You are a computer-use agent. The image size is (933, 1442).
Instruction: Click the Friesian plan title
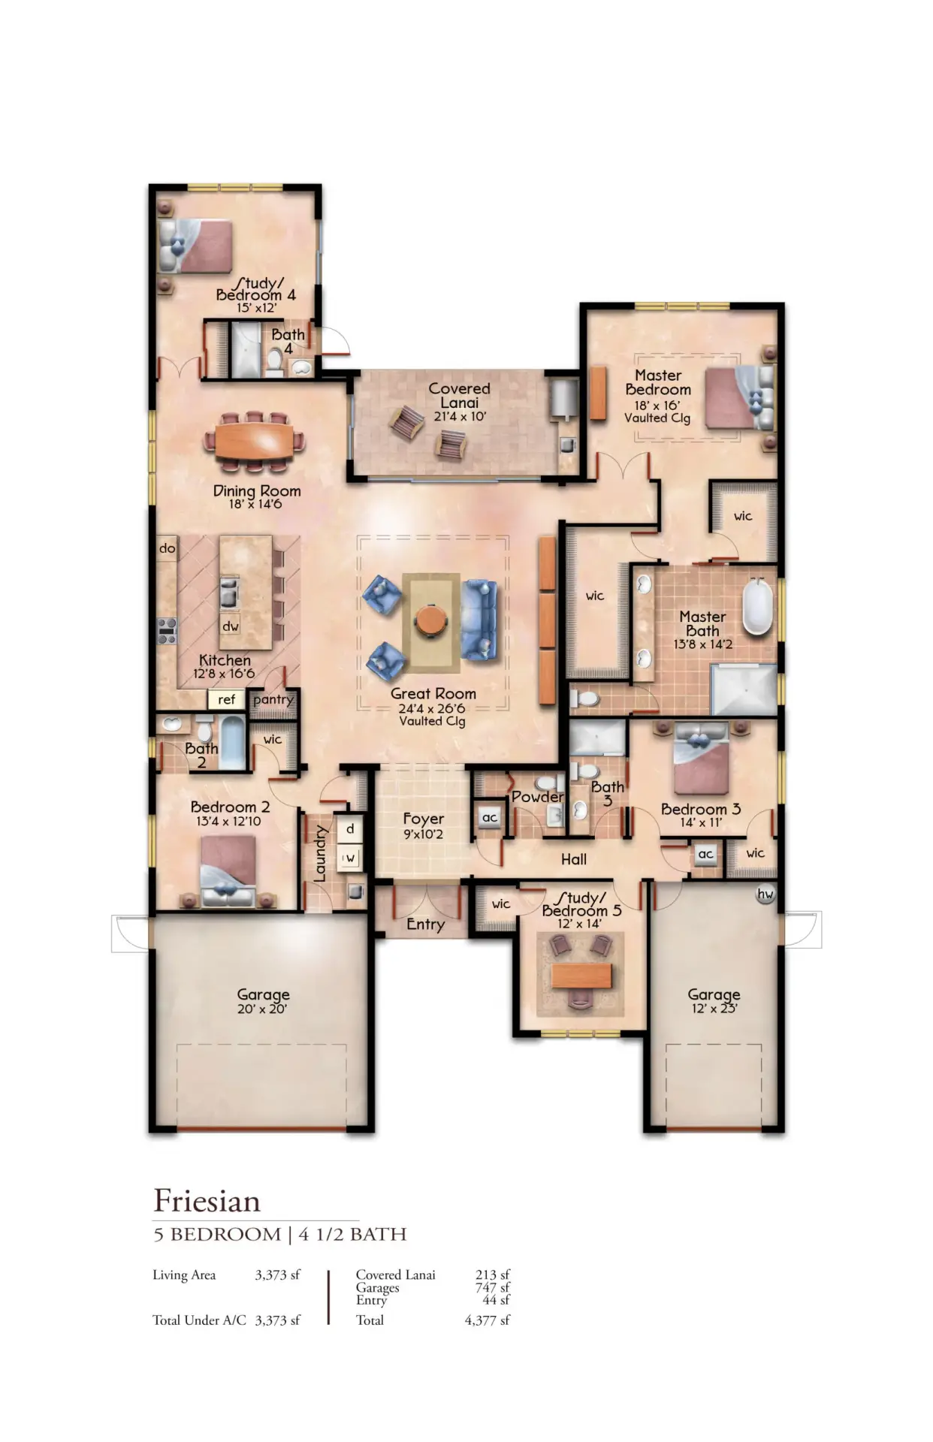(207, 1201)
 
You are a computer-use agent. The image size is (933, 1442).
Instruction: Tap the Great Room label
(433, 694)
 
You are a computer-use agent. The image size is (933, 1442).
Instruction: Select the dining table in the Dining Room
(254, 441)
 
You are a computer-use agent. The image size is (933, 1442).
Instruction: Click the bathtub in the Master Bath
(757, 607)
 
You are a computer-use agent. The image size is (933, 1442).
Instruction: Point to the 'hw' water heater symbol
(765, 894)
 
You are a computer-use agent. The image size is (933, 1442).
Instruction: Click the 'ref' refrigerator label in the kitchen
(226, 699)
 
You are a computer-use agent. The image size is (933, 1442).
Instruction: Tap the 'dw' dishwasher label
(230, 626)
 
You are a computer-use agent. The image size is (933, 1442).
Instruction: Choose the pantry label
(273, 700)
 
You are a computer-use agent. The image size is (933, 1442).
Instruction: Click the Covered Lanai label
(459, 395)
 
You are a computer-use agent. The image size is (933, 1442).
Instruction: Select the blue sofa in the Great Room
(479, 620)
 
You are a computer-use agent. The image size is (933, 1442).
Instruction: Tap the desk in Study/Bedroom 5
(581, 976)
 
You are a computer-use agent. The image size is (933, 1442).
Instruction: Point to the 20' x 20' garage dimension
(262, 1009)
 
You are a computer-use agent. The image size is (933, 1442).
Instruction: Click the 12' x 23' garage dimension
(714, 1008)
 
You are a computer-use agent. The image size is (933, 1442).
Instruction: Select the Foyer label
(424, 819)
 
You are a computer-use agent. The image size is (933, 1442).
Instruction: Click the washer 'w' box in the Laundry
(349, 857)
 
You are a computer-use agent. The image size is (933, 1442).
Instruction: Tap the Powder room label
(537, 796)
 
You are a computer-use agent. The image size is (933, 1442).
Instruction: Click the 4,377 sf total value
(487, 1320)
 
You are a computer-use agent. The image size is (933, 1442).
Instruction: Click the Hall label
(574, 859)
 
